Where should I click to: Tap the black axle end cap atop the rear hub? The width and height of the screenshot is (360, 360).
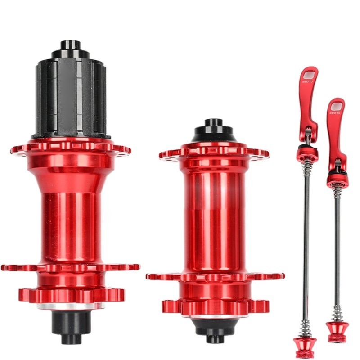click(71, 49)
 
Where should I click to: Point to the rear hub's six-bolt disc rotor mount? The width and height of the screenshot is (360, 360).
click(72, 296)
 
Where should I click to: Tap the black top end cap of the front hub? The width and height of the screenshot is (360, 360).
click(213, 131)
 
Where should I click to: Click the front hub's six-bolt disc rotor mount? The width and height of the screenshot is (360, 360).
click(216, 307)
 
